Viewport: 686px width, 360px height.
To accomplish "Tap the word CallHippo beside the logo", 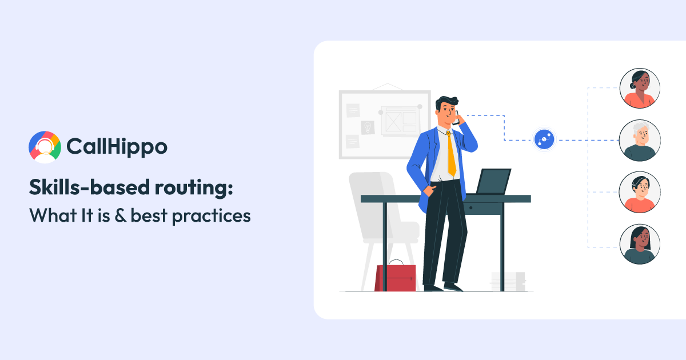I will (x=117, y=147).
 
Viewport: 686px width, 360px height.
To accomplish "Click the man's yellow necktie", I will (x=451, y=153).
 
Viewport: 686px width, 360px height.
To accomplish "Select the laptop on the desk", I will (x=492, y=182).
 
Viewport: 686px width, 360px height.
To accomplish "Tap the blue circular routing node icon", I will (x=544, y=139).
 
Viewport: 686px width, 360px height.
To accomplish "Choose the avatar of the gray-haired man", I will (x=640, y=140).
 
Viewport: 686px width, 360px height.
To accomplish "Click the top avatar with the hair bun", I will (x=640, y=88).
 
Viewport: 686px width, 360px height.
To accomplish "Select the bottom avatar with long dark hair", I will (x=640, y=244).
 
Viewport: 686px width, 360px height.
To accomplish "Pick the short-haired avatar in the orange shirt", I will (x=640, y=192).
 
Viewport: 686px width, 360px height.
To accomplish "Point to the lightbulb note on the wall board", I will (x=368, y=126).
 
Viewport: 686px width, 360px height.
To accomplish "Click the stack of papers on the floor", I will (x=508, y=281).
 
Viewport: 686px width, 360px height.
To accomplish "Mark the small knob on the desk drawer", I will (x=470, y=207).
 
